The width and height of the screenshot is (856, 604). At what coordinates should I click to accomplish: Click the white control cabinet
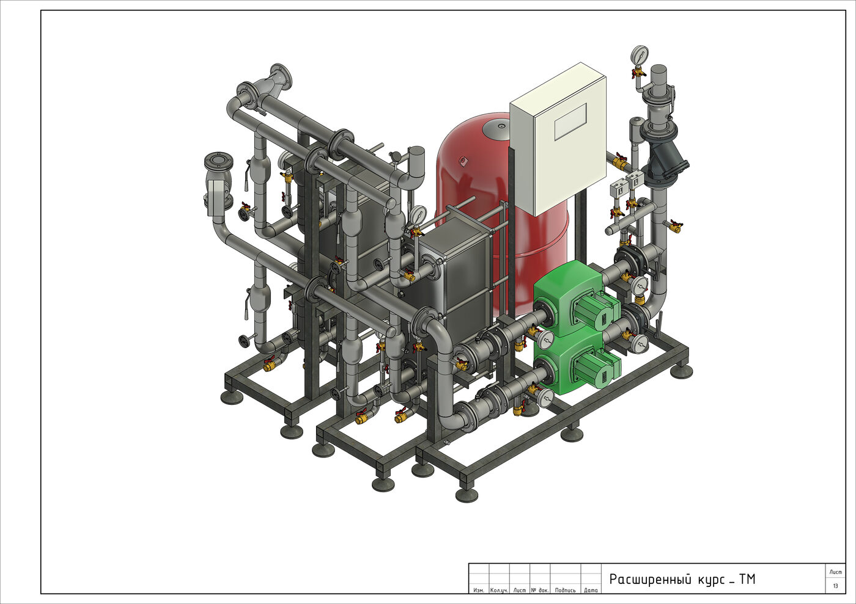(x=558, y=139)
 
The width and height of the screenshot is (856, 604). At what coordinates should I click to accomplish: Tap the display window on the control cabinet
(x=570, y=122)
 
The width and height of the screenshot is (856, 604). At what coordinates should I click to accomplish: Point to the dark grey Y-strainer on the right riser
(x=667, y=161)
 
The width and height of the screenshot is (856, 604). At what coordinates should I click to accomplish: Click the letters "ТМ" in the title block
(x=747, y=579)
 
